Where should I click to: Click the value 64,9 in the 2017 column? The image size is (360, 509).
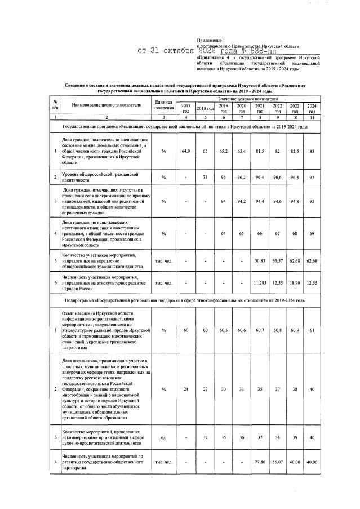[185, 151]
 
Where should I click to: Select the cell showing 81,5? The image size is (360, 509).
[260, 151]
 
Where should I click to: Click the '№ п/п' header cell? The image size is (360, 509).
[55, 105]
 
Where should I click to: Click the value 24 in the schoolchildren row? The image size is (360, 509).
[185, 388]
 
